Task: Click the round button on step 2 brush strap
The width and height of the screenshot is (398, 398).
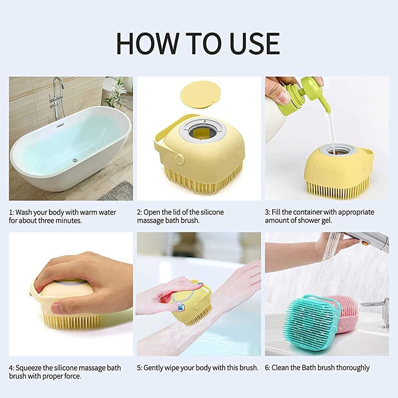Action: pos(179,159)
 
